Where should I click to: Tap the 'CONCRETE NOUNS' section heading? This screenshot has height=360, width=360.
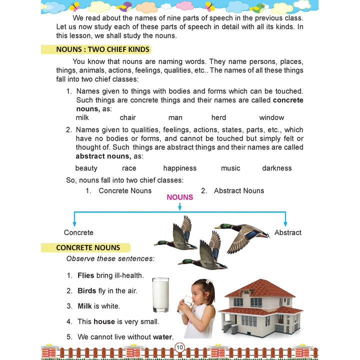[x=88, y=247]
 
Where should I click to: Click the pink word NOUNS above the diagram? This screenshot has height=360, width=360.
[x=180, y=197]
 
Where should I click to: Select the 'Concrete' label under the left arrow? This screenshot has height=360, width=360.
[x=78, y=232]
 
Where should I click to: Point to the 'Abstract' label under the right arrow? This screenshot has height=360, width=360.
[x=288, y=232]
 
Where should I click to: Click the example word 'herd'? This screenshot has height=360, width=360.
[x=218, y=118]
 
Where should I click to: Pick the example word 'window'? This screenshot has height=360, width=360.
[x=271, y=118]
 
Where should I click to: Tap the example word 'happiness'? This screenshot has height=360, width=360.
[x=180, y=168]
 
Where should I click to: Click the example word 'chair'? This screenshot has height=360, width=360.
[x=127, y=118]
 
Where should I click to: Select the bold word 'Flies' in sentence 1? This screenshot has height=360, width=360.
[x=85, y=275]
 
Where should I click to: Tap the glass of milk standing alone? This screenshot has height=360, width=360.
[x=160, y=295]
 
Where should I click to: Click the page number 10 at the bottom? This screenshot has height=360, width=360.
[x=180, y=347]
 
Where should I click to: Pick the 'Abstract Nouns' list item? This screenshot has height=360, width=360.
[x=239, y=190]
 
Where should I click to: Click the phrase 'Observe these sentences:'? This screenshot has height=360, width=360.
[x=110, y=258]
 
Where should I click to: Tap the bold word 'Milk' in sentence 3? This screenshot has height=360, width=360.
[x=84, y=306]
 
